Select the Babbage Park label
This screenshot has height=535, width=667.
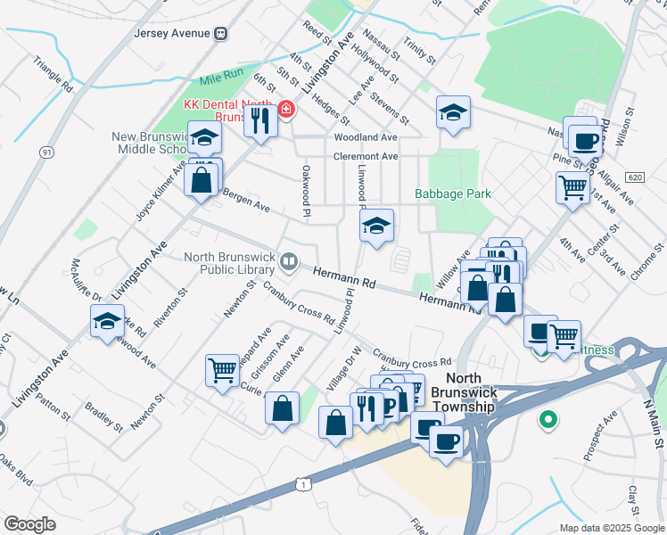(x=453, y=193)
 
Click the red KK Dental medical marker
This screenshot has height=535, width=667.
(x=286, y=111)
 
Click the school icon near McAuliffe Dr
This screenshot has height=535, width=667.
(x=107, y=320)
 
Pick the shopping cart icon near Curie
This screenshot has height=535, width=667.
(x=221, y=368)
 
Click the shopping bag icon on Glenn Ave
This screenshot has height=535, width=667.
(x=283, y=409)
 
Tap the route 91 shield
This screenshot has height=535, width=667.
(x=45, y=152)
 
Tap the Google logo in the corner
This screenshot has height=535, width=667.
(x=29, y=524)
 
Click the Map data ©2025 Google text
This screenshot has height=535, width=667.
(x=612, y=528)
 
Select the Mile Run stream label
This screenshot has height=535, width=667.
(x=221, y=79)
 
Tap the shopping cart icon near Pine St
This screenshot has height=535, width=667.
(x=572, y=187)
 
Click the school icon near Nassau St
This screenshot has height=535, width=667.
(x=453, y=112)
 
